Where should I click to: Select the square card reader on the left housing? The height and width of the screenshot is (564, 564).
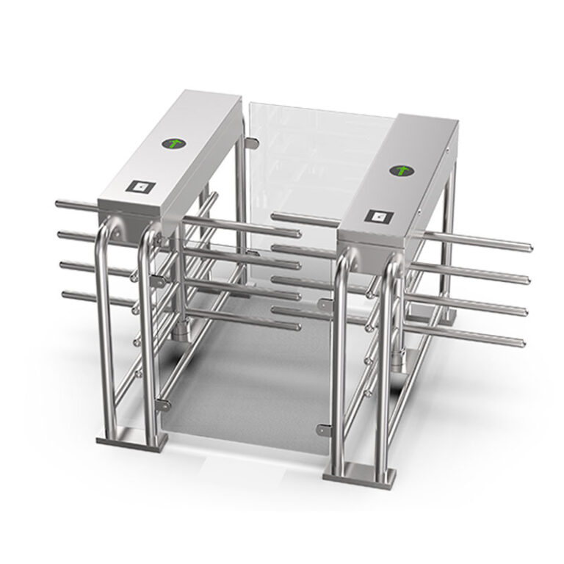[x=140, y=187]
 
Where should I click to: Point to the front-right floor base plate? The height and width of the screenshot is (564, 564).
[x=359, y=474]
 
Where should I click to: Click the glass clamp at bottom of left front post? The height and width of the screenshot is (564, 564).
[x=162, y=404]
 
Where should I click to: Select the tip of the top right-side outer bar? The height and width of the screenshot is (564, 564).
[x=528, y=246]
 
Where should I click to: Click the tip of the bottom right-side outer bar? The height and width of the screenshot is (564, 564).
[x=521, y=343]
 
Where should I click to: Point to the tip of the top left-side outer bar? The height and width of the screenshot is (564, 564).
[x=59, y=203]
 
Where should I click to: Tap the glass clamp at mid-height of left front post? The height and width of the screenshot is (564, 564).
[x=159, y=281]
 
